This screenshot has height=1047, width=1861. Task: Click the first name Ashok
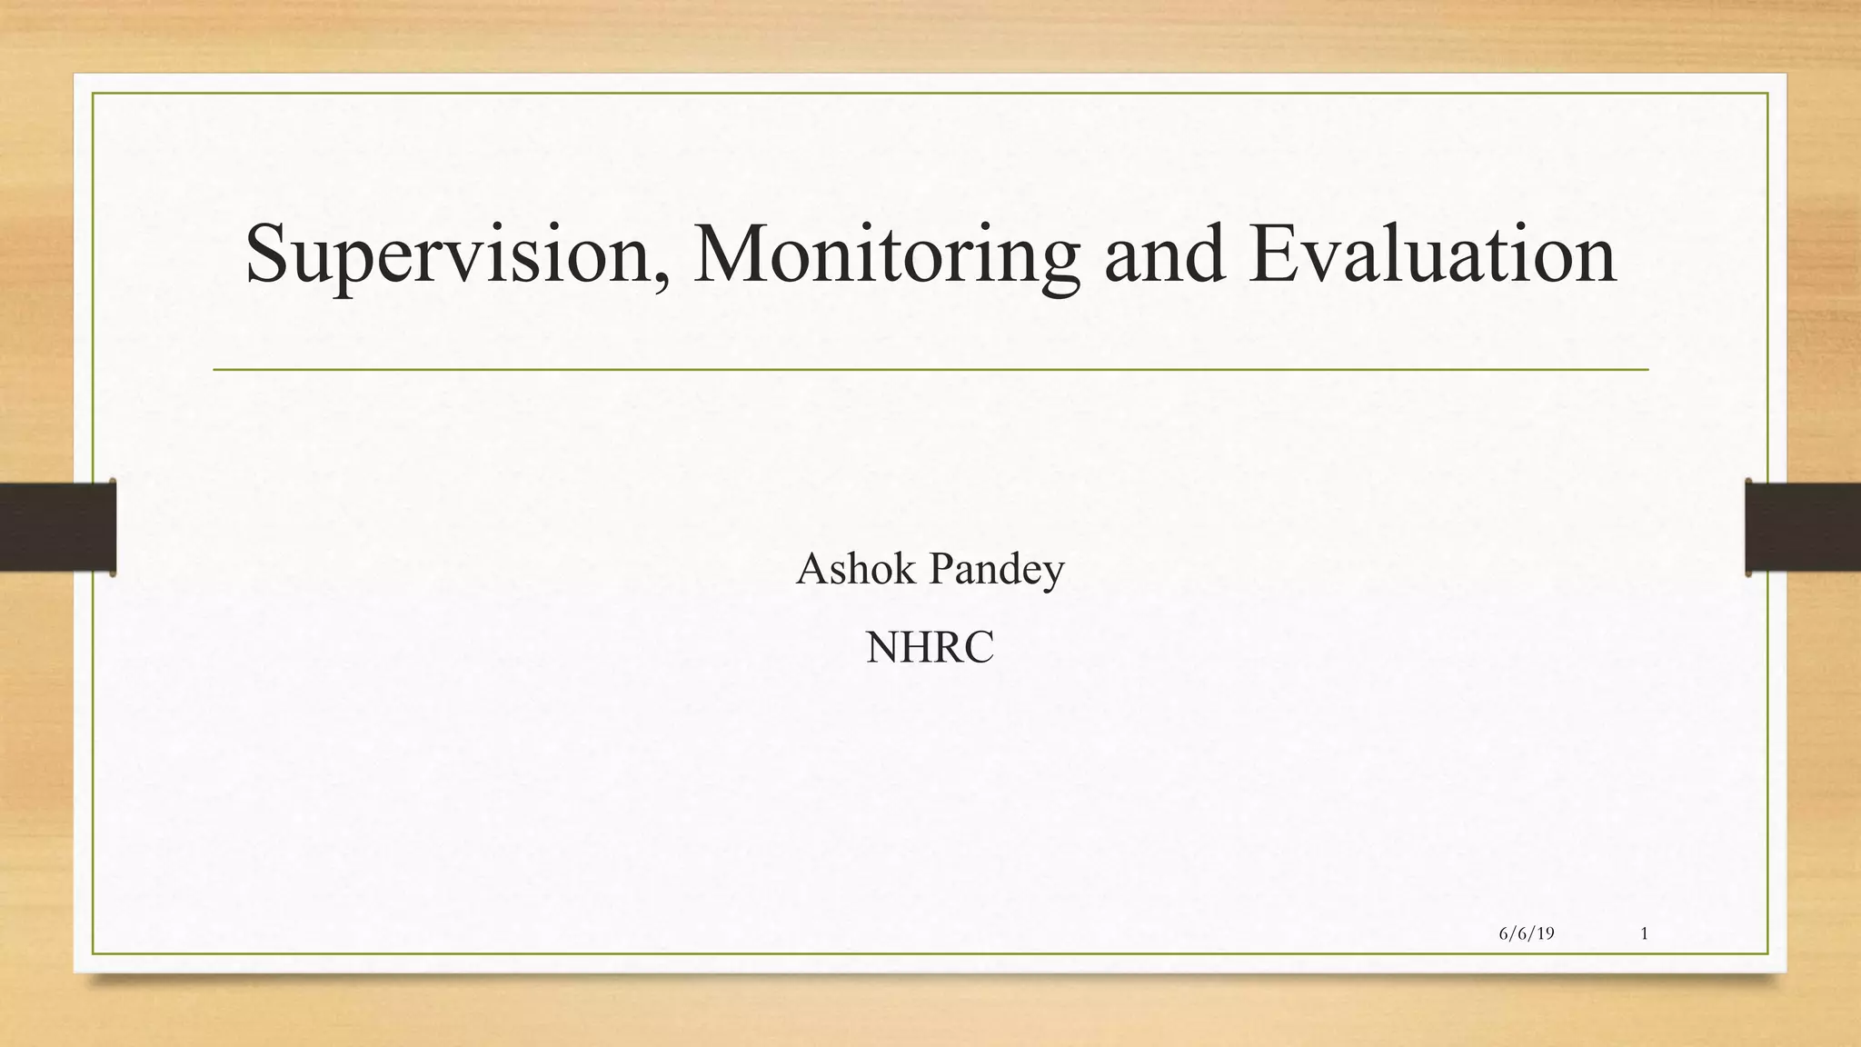(855, 570)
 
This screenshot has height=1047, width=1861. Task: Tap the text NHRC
(930, 648)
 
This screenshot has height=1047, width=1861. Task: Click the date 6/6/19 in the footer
(1526, 933)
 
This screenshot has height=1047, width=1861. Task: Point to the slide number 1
(1645, 933)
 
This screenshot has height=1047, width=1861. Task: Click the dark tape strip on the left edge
(57, 527)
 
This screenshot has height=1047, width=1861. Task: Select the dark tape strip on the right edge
(1803, 527)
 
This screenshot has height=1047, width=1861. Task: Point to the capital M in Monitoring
(733, 254)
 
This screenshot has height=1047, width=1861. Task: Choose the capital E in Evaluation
(1276, 254)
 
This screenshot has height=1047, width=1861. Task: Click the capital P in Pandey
(941, 570)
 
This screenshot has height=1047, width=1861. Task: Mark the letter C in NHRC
(980, 648)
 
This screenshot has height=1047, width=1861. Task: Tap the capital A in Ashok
(811, 570)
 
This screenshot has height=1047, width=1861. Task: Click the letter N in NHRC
(881, 648)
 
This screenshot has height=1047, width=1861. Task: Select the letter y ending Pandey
(1054, 575)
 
